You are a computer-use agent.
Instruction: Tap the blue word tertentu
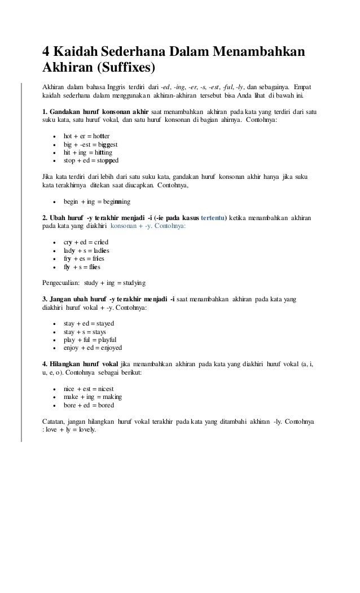click(x=209, y=218)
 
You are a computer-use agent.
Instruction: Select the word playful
click(x=106, y=340)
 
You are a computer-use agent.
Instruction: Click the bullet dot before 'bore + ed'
click(x=54, y=406)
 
